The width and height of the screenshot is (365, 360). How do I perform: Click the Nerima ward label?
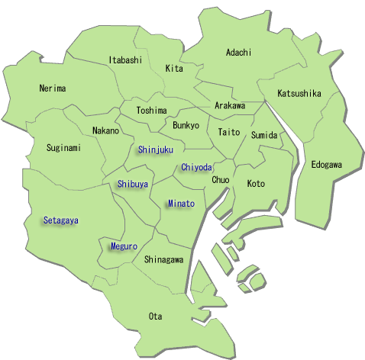53,88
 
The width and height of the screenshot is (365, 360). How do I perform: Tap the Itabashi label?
125,59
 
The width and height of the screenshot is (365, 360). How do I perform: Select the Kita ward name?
174,69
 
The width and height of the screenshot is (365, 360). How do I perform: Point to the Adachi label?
238,53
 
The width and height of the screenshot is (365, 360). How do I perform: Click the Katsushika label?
299,94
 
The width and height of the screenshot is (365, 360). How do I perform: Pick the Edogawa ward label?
326,165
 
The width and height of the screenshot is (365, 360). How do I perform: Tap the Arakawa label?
230,105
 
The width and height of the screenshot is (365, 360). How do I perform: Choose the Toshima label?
151,111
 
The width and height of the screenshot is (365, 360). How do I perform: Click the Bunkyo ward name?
186,124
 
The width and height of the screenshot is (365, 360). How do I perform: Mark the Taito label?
229,132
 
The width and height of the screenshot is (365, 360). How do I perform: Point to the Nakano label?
105,130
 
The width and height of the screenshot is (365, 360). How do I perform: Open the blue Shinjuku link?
156,149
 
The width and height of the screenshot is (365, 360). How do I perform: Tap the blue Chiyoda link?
197,167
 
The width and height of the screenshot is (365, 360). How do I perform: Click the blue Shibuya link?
133,184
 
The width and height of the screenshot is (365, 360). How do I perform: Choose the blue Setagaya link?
61,220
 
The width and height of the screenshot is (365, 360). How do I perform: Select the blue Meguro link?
124,246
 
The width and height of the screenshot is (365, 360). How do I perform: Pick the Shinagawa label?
163,259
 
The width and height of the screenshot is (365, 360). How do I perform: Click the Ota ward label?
156,315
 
